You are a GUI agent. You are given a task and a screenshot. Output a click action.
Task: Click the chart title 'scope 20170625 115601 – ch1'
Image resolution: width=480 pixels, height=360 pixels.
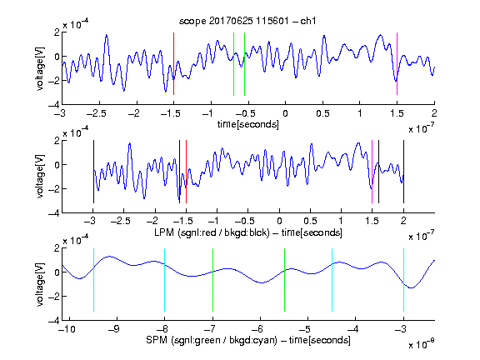[x=247, y=21]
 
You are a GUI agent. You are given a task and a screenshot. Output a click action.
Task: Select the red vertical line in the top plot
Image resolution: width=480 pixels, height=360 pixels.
[x=173, y=63]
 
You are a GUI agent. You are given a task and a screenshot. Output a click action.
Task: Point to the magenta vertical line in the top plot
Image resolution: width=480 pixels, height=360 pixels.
[x=397, y=63]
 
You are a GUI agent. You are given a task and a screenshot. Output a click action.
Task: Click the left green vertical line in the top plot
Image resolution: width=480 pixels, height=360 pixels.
[x=233, y=64]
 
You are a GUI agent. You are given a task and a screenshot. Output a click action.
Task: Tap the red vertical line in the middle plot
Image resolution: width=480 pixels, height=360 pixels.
[x=186, y=172]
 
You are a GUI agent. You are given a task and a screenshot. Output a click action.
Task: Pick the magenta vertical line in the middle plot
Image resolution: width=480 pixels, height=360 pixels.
[x=372, y=172]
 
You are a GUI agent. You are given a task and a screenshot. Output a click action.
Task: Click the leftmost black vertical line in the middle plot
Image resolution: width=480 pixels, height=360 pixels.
[x=93, y=172]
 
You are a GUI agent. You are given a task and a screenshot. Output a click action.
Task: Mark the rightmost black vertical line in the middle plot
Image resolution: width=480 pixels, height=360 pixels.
[x=403, y=172]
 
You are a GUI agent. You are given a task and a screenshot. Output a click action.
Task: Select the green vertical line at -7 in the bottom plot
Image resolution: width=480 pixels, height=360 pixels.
[x=212, y=280]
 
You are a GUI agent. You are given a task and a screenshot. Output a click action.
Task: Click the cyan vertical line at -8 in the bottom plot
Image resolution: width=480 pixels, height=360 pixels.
[x=164, y=280]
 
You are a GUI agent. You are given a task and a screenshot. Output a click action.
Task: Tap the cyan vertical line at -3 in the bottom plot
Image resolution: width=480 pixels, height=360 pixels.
[x=403, y=280]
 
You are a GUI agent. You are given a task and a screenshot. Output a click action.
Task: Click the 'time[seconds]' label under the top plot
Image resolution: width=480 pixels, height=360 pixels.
[x=248, y=124]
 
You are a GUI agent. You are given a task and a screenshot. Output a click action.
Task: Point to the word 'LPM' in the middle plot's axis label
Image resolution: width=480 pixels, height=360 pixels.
[x=164, y=232]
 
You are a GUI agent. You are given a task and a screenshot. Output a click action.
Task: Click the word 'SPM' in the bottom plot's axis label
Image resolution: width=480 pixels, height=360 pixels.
[x=157, y=340]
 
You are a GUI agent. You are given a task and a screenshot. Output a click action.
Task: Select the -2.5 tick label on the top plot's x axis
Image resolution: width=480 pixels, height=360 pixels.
[x=96, y=113]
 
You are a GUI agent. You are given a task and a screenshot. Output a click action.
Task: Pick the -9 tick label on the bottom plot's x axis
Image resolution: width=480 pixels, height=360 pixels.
[x=114, y=329]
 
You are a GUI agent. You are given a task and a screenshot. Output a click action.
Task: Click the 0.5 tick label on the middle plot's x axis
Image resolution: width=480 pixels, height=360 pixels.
[x=310, y=221]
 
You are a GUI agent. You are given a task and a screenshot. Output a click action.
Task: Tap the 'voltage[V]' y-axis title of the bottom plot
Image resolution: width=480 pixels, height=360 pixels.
[x=40, y=284]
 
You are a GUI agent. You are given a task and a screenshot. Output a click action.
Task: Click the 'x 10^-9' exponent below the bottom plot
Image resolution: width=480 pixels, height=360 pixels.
[x=422, y=344]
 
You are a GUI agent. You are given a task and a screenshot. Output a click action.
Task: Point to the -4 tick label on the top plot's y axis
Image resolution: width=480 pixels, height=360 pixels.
[x=54, y=104]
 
